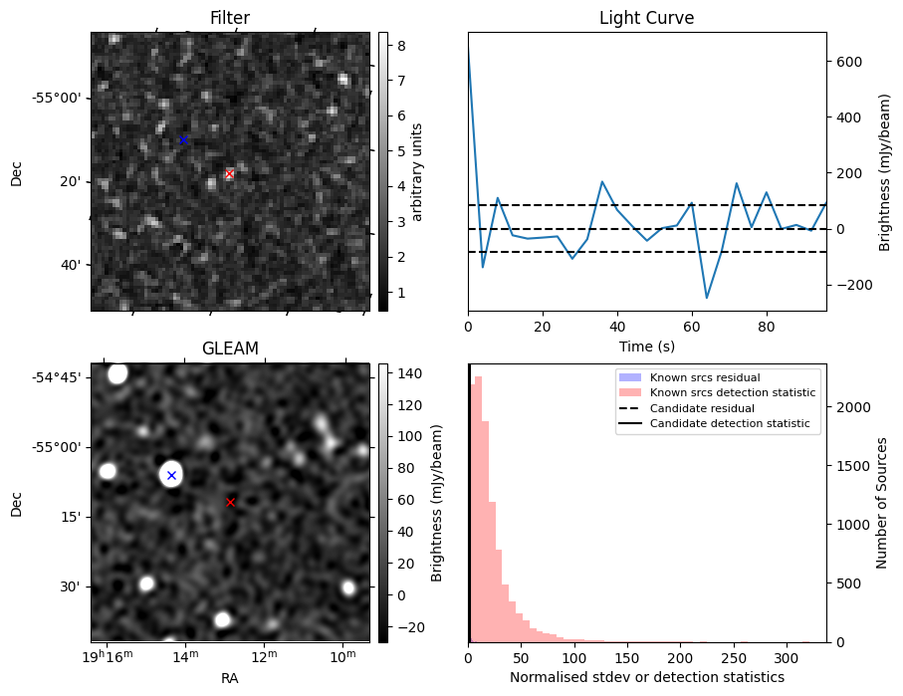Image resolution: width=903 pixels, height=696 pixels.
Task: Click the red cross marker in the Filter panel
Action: click(x=229, y=174)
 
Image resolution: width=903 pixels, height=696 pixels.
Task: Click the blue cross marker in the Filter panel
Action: click(x=183, y=139)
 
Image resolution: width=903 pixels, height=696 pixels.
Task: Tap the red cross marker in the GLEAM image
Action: click(x=230, y=502)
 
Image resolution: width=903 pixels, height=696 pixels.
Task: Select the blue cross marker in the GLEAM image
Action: click(x=171, y=475)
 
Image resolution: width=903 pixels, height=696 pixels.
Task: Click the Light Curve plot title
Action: click(x=646, y=18)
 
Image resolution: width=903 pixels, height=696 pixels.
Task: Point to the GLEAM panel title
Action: click(x=230, y=348)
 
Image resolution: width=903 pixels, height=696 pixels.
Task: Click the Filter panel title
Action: click(x=230, y=18)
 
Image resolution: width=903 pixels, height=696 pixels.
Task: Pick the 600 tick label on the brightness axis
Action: click(x=846, y=62)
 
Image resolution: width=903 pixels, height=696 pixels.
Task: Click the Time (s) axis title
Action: click(x=646, y=345)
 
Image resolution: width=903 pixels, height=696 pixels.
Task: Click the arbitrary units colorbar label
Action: click(x=417, y=171)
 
